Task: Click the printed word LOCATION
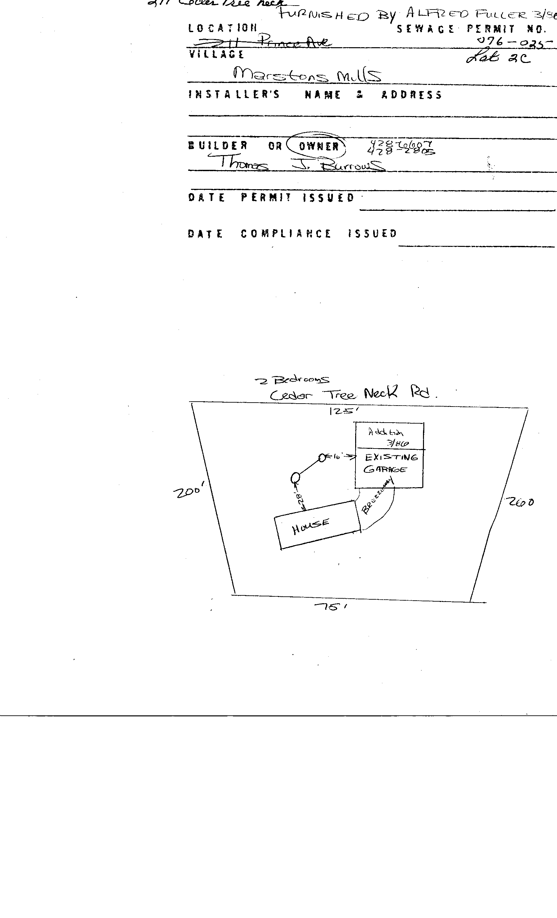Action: [x=222, y=28]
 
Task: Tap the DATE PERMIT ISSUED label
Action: [x=271, y=197]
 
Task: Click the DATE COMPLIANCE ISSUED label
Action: [x=292, y=233]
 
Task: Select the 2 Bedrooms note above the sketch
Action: [x=293, y=380]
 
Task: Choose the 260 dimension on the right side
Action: [x=520, y=502]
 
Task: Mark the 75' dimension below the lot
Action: [x=330, y=607]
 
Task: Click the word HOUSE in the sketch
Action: [x=311, y=527]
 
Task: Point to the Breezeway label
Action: [x=377, y=497]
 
